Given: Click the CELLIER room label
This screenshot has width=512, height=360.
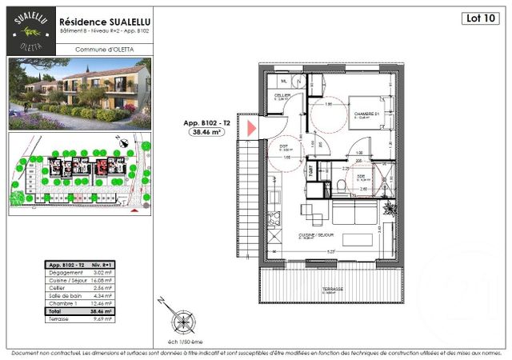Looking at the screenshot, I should click(x=282, y=94).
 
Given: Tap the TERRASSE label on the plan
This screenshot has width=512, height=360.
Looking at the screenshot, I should click(x=334, y=290).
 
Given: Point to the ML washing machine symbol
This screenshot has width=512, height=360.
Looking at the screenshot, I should click(x=282, y=82).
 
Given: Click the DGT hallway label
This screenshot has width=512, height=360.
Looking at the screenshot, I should click(x=284, y=147).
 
